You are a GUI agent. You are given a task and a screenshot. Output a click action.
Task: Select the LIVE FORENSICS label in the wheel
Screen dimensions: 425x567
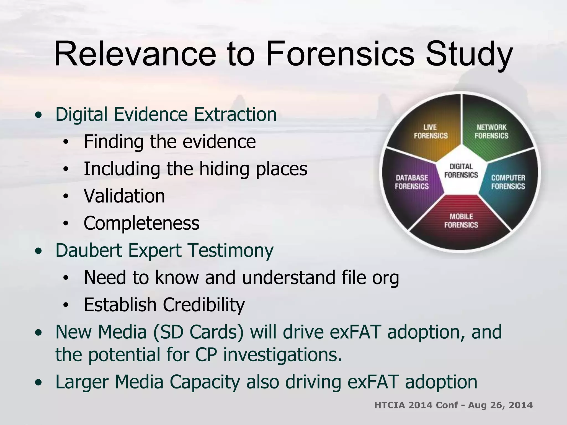pos(431,131)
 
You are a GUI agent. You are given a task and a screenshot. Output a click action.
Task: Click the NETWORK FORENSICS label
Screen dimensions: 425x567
pos(491,131)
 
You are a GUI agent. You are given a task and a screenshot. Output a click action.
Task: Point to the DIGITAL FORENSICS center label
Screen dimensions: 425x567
pos(461,171)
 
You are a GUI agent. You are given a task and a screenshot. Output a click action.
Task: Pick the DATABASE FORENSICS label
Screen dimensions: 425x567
pos(412,182)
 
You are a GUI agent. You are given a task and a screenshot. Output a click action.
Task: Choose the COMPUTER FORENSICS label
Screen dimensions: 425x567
pos(508,182)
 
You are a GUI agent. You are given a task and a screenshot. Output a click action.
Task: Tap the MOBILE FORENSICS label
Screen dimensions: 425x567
pos(461,221)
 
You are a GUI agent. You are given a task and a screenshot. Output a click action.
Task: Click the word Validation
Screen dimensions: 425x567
pos(124,196)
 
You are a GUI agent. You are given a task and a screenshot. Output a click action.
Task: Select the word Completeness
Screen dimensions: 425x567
pos(141,223)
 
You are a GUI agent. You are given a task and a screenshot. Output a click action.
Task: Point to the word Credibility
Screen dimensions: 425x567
pos(204,305)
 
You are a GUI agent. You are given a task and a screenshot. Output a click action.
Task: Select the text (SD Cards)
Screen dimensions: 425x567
pos(198,332)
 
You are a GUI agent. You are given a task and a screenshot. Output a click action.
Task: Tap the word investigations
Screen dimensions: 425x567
pos(282,355)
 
